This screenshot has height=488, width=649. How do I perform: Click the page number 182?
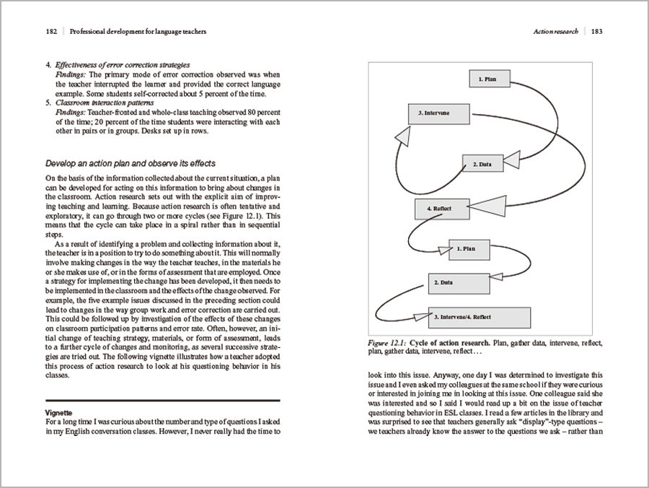pyautogui.click(x=51, y=32)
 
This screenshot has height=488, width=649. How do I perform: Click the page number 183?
pyautogui.click(x=597, y=32)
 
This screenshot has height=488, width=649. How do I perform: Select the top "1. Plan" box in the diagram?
pyautogui.click(x=487, y=78)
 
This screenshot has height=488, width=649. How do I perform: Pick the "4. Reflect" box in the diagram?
pyautogui.click(x=441, y=209)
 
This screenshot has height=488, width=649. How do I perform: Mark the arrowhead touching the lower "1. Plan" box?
pyautogui.click(x=442, y=250)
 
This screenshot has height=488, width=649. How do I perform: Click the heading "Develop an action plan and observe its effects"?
pyautogui.click(x=131, y=164)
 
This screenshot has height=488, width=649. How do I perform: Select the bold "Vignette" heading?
pyautogui.click(x=58, y=411)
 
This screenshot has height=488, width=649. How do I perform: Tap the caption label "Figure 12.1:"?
pyautogui.click(x=389, y=342)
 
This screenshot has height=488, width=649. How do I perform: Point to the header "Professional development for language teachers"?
pyautogui.click(x=137, y=32)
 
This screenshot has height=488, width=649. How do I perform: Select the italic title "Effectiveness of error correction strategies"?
pyautogui.click(x=123, y=65)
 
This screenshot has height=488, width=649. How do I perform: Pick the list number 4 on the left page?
pyautogui.click(x=48, y=65)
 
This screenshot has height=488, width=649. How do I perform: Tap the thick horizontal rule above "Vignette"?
pyautogui.click(x=162, y=400)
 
